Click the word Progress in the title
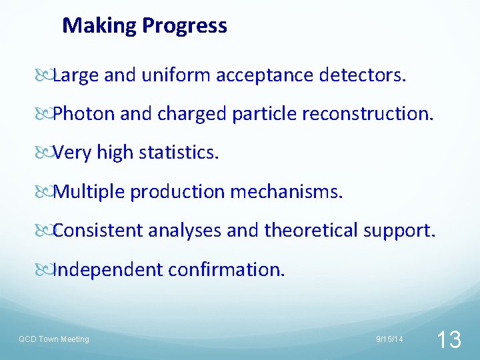(x=185, y=26)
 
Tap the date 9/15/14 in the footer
(x=389, y=339)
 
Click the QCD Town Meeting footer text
(x=53, y=339)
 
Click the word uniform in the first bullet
(x=175, y=75)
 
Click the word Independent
(x=108, y=269)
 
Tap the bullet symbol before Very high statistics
(x=46, y=153)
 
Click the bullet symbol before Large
(x=46, y=76)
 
